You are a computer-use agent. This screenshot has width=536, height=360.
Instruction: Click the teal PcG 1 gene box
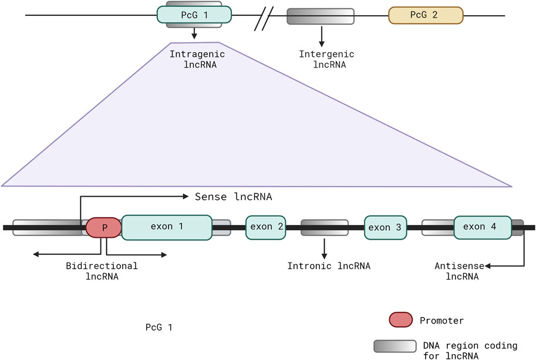pyautogui.click(x=194, y=15)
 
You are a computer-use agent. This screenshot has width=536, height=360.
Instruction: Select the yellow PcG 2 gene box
pyautogui.click(x=426, y=15)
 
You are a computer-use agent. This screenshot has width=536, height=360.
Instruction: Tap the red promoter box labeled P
pyautogui.click(x=103, y=227)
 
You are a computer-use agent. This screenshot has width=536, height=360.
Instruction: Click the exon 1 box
pyautogui.click(x=167, y=227)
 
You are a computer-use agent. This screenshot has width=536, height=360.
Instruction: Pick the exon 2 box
pyautogui.click(x=265, y=227)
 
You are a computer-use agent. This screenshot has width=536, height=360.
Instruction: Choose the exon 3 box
pyautogui.click(x=385, y=227)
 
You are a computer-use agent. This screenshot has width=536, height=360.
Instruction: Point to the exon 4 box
pyautogui.click(x=483, y=227)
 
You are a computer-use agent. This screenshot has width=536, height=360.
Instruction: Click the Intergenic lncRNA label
pyautogui.click(x=327, y=59)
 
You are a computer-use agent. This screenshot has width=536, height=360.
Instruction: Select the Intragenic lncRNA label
pyautogui.click(x=198, y=59)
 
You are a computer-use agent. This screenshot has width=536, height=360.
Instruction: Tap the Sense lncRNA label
pyautogui.click(x=234, y=197)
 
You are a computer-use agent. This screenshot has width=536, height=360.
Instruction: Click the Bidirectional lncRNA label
pyautogui.click(x=102, y=271)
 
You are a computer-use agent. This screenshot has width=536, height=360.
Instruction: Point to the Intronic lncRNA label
pyautogui.click(x=329, y=266)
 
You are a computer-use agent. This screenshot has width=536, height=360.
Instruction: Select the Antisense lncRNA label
pyautogui.click(x=460, y=271)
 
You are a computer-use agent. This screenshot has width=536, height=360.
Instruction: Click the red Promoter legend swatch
pyautogui.click(x=400, y=319)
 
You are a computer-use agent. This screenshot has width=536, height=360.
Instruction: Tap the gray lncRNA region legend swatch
pyautogui.click(x=395, y=346)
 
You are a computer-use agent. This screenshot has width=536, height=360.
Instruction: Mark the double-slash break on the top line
pyautogui.click(x=264, y=19)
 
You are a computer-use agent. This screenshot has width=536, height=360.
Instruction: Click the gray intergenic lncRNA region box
pyautogui.click(x=321, y=16)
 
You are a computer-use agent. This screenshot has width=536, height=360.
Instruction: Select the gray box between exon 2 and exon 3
pyautogui.click(x=325, y=228)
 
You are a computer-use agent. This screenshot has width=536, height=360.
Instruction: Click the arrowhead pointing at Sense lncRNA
pyautogui.click(x=186, y=196)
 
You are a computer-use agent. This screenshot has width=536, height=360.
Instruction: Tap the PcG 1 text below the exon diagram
pyautogui.click(x=159, y=327)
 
